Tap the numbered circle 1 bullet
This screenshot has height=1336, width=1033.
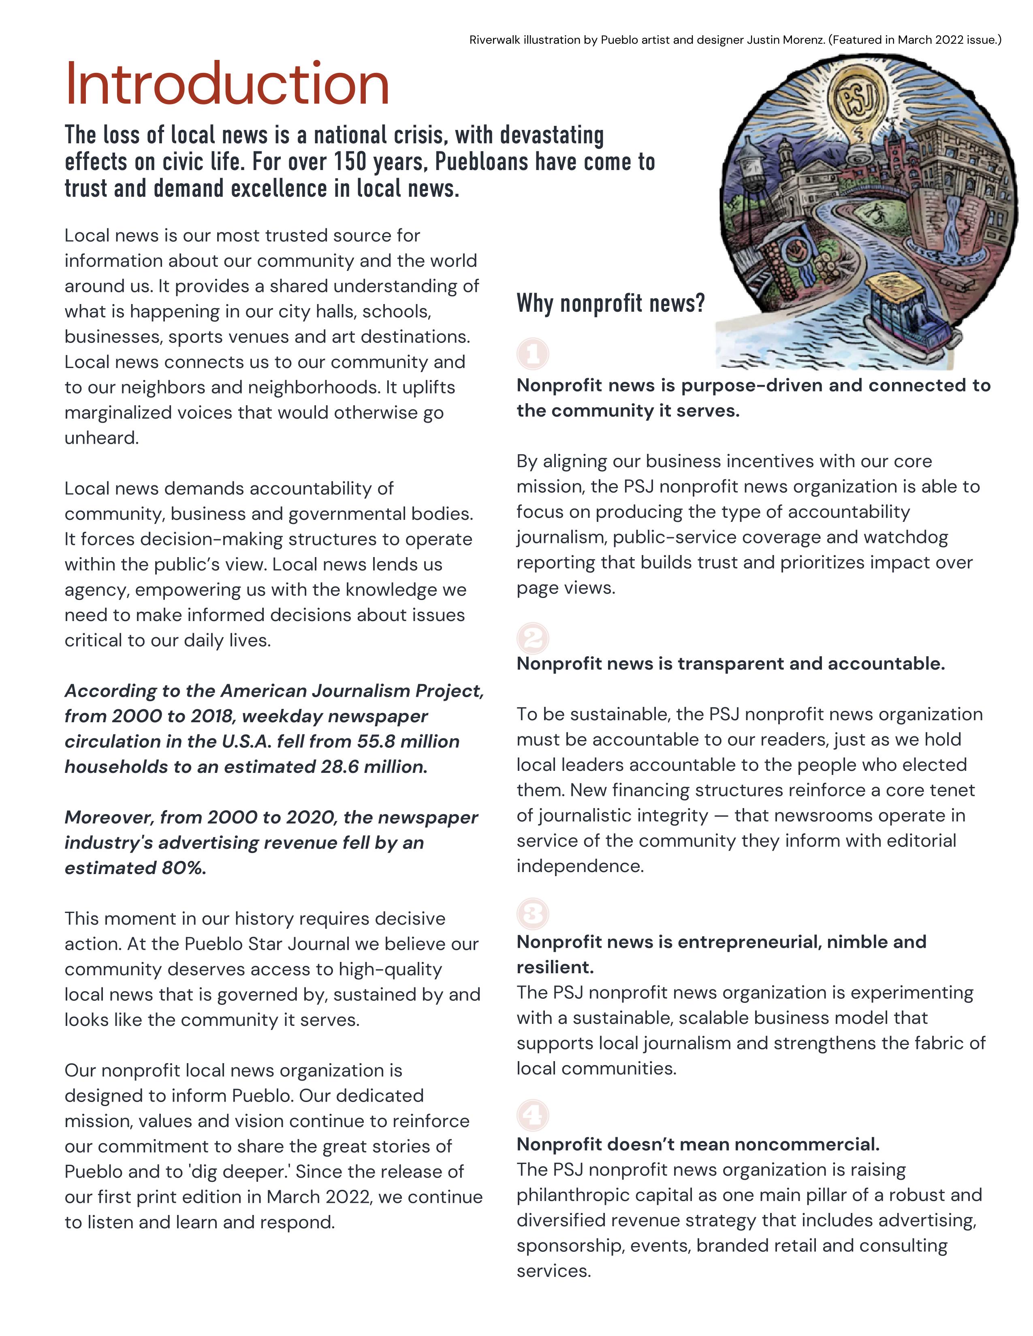click(532, 353)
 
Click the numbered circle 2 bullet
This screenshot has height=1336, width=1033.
click(532, 638)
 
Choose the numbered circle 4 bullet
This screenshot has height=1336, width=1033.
click(532, 1115)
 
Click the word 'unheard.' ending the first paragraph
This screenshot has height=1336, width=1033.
click(102, 438)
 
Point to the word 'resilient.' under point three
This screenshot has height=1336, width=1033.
click(555, 967)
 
